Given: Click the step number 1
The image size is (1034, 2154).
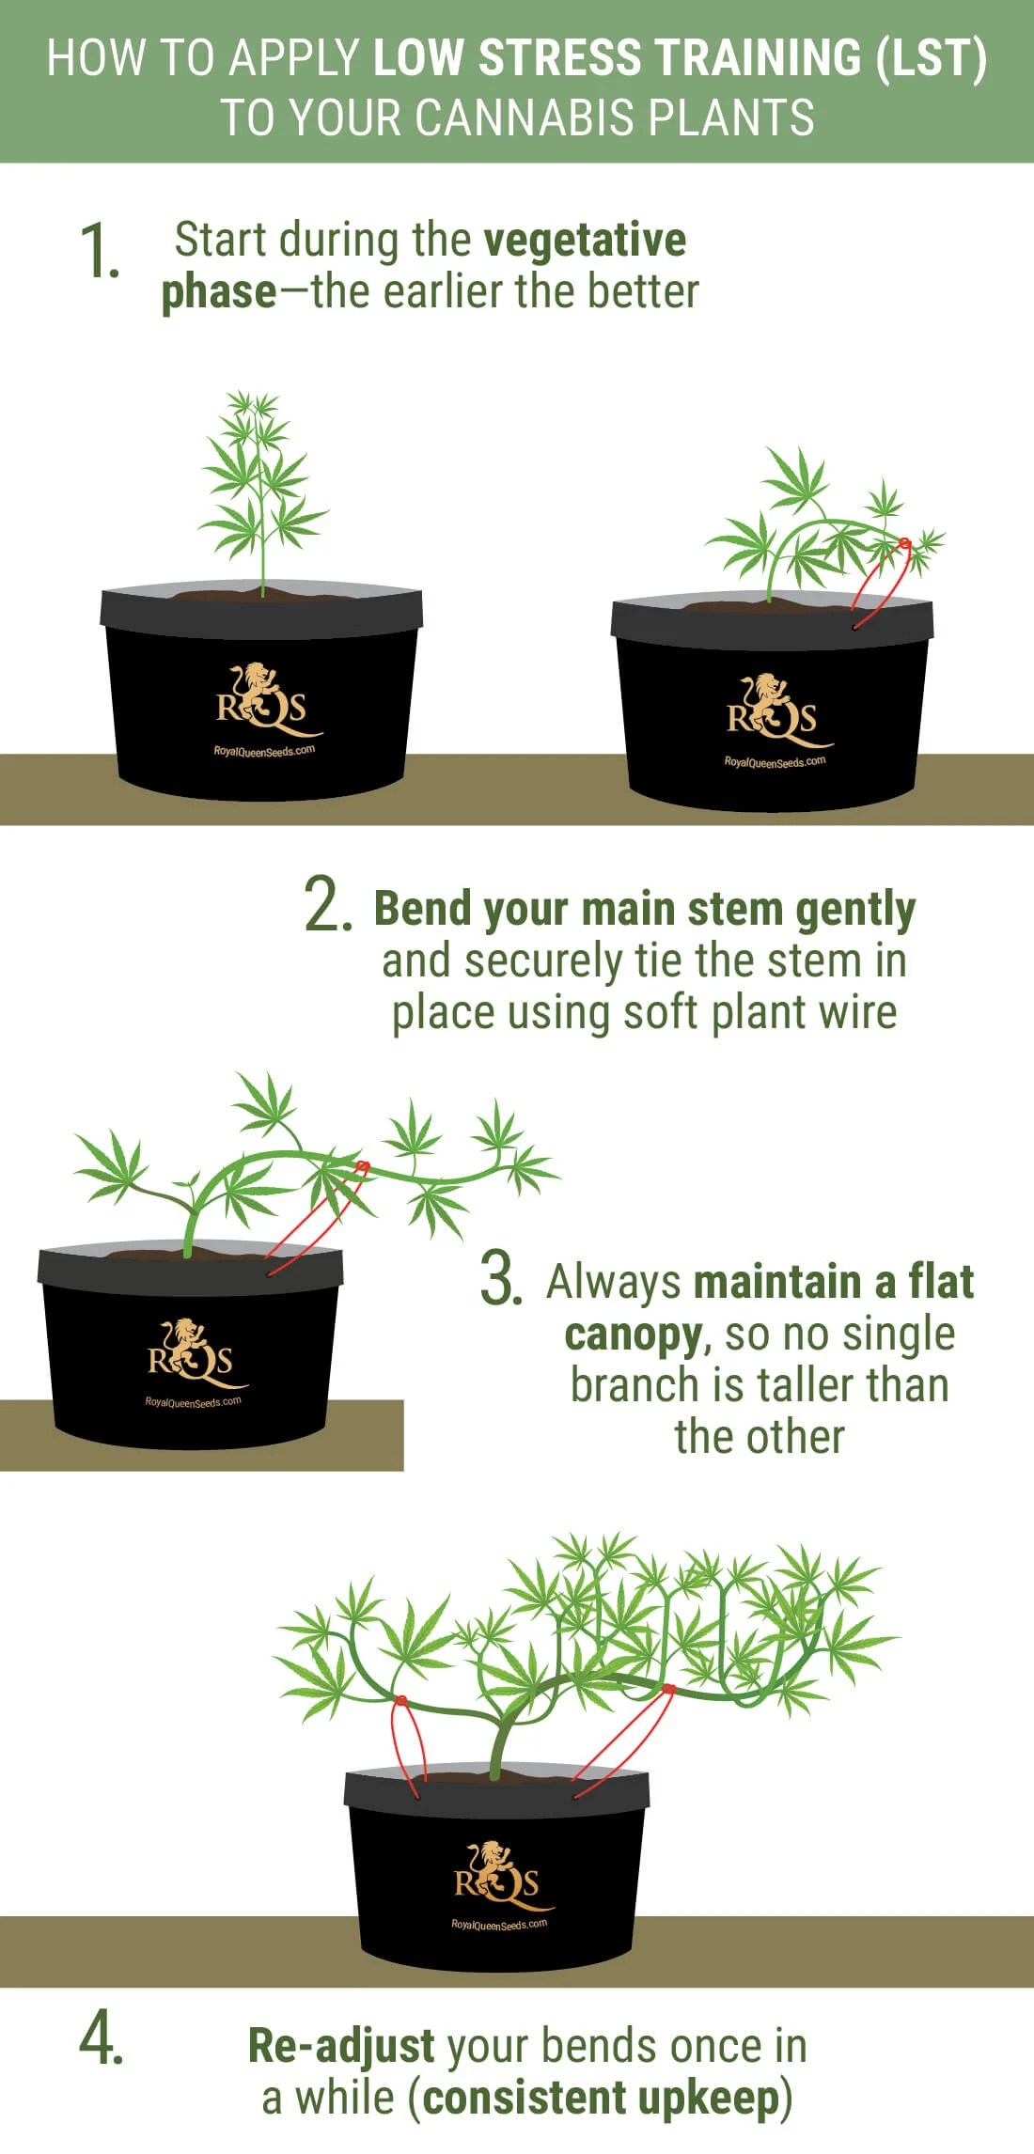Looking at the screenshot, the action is click(x=100, y=251).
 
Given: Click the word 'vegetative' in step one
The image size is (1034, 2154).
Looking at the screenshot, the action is click(x=586, y=242).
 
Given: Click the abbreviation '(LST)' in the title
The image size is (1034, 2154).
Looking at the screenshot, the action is click(x=931, y=58).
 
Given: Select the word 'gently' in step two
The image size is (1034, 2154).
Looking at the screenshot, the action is click(x=855, y=911).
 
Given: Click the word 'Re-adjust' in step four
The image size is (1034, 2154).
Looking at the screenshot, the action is click(x=341, y=2047).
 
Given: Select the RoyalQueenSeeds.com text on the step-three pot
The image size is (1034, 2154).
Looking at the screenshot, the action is click(x=193, y=1402).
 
